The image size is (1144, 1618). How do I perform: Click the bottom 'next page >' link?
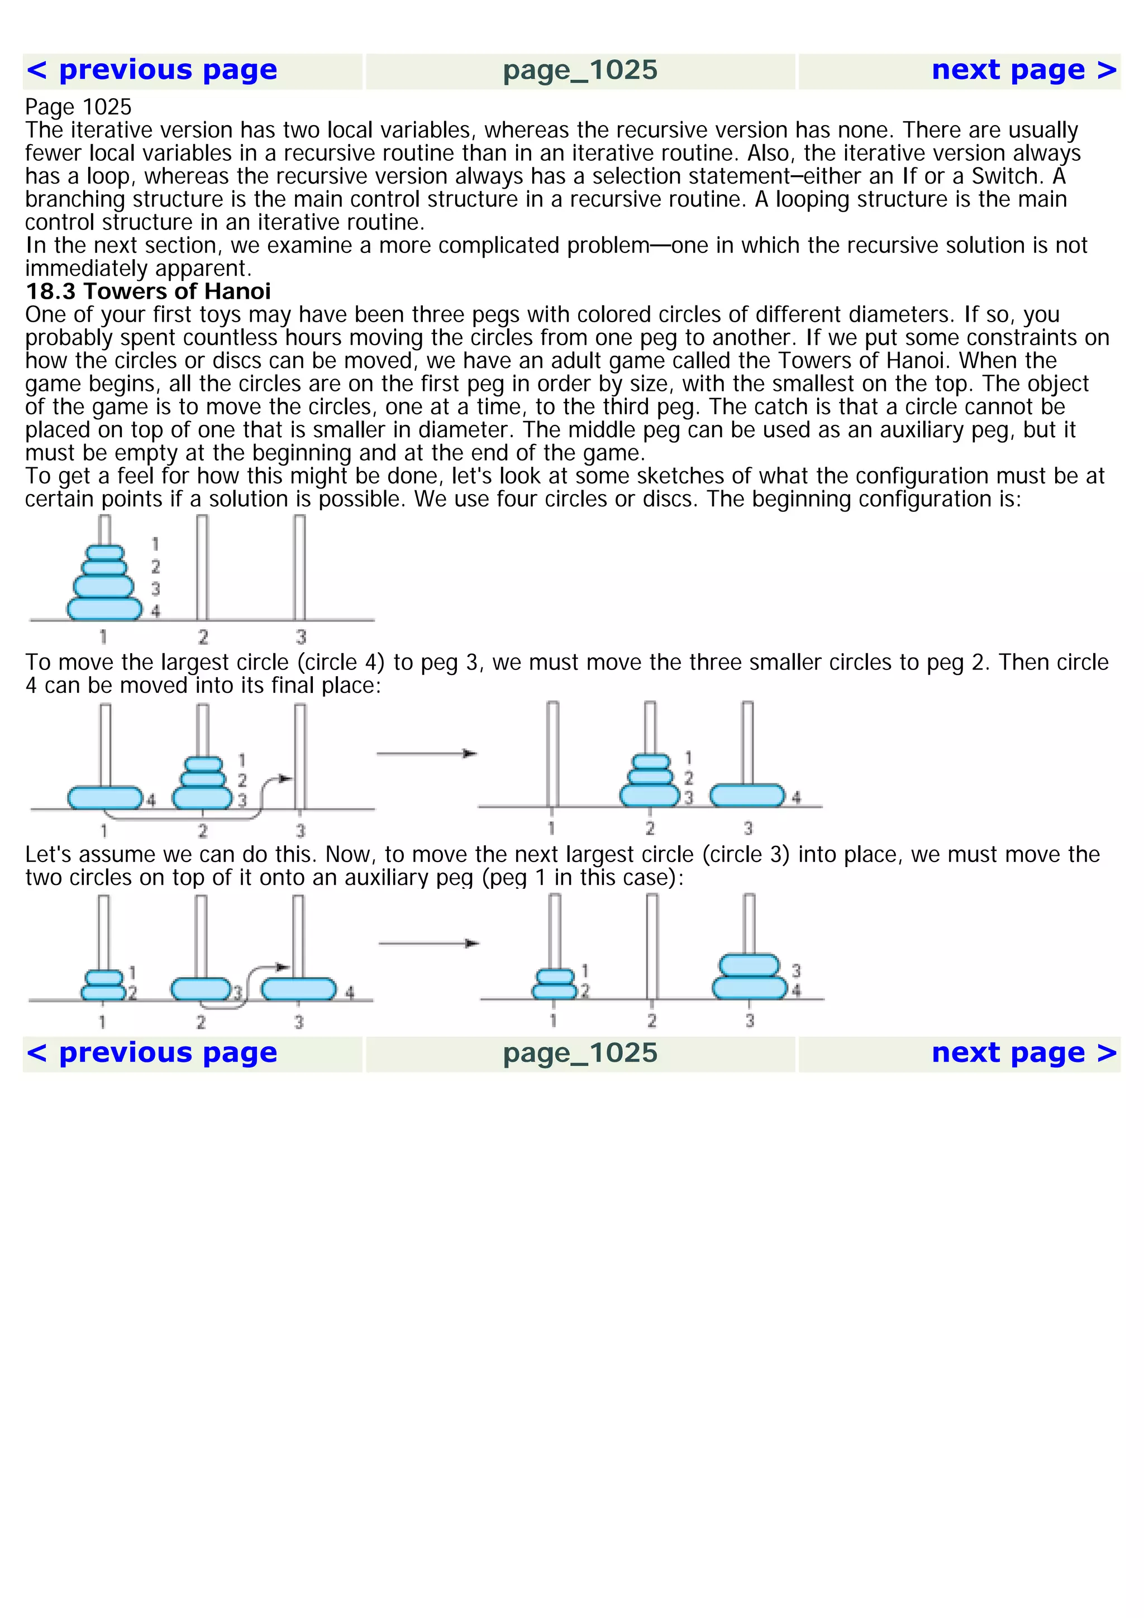click(1023, 1053)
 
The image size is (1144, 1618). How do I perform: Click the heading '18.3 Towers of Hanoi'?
click(148, 291)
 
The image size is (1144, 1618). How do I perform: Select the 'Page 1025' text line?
click(78, 107)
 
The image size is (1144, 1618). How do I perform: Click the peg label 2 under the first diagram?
click(203, 637)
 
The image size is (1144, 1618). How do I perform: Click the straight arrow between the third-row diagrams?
click(428, 944)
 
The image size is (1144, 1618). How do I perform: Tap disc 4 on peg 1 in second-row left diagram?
click(105, 798)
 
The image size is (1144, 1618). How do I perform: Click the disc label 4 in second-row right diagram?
click(797, 798)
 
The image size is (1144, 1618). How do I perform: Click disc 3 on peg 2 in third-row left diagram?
click(201, 989)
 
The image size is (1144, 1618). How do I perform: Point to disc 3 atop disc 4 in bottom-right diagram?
click(749, 965)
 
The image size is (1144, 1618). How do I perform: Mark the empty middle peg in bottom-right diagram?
click(652, 944)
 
